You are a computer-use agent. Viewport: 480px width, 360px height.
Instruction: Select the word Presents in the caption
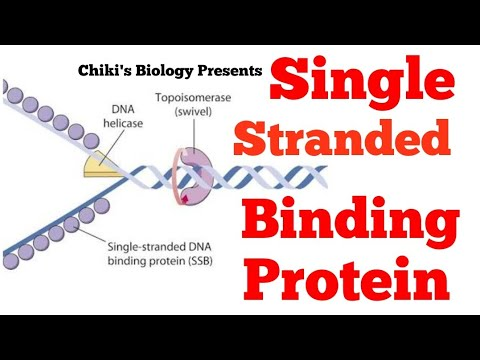pyautogui.click(x=234, y=71)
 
